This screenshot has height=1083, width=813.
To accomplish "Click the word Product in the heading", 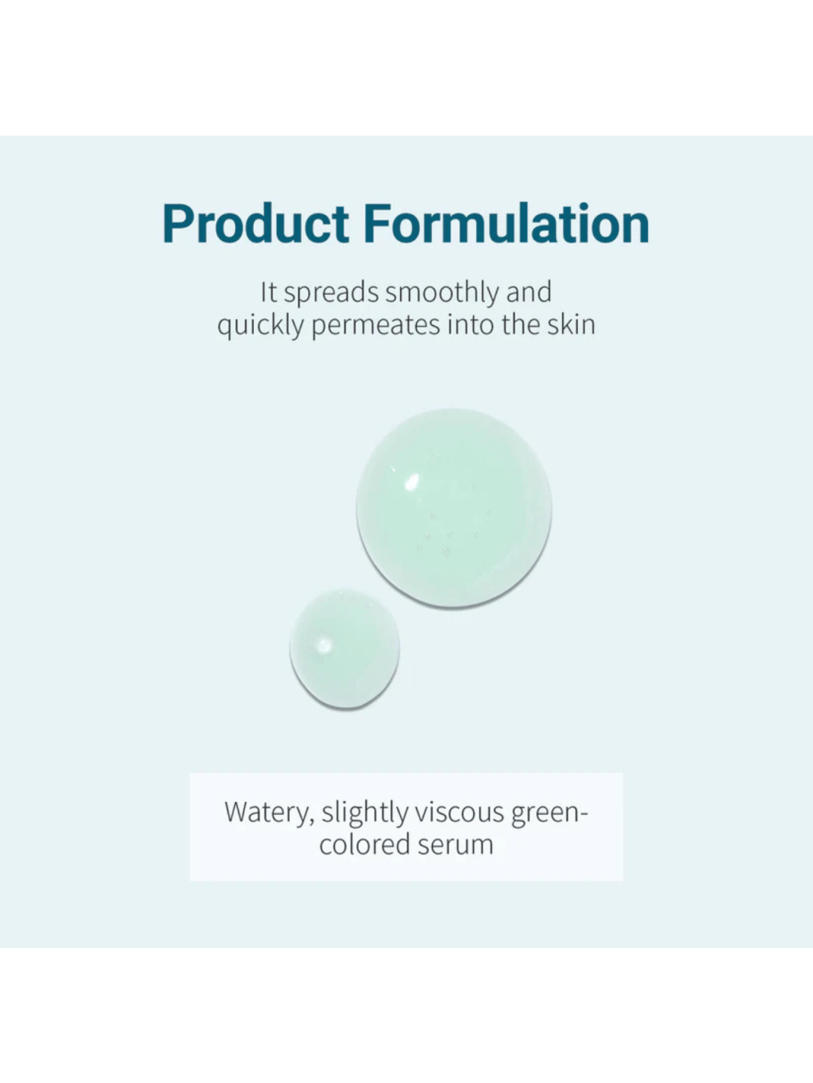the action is [256, 225].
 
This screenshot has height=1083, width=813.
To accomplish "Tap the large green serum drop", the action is [453, 508].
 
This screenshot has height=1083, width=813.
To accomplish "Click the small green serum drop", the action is [345, 649].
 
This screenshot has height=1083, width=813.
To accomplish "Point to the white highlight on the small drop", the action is [323, 644].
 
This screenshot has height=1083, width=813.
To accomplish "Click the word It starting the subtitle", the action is [268, 292].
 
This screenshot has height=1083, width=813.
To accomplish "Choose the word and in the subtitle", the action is [529, 292].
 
